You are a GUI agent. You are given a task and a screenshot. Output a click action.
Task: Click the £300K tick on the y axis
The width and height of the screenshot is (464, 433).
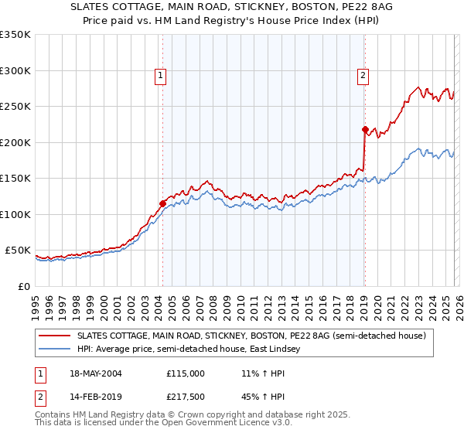coord(15,70)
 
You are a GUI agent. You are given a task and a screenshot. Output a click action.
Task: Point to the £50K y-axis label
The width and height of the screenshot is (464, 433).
coord(18,251)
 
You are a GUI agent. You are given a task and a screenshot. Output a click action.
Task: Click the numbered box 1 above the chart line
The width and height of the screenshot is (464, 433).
coord(160,75)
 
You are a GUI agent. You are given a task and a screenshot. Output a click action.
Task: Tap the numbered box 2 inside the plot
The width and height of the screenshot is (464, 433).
coord(362,75)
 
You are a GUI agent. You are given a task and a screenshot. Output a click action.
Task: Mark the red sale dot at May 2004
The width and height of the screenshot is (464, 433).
coord(162,204)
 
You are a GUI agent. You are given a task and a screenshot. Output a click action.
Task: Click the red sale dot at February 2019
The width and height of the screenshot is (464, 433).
coord(364,130)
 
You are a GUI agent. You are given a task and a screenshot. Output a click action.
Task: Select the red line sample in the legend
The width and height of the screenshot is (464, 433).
coord(56,336)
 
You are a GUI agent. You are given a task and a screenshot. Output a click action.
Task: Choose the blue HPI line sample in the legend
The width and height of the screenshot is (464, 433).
coord(56,349)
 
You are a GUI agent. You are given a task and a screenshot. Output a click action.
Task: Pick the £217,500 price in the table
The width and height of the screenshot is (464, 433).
coord(186,397)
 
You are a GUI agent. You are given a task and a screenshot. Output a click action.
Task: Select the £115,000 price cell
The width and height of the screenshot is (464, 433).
coord(186,373)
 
